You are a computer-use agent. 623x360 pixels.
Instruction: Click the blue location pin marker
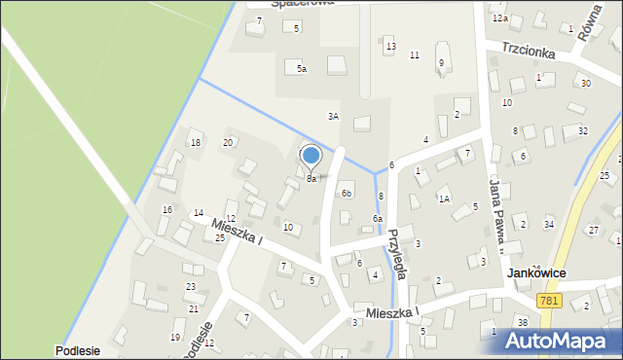tap(311, 156)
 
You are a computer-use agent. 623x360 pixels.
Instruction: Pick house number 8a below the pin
tap(311, 179)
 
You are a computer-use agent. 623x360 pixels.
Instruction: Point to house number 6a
tap(377, 219)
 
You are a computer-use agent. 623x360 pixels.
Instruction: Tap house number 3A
tap(333, 116)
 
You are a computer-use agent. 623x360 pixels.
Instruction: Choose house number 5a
tap(302, 68)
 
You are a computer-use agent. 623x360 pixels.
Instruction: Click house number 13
tap(390, 47)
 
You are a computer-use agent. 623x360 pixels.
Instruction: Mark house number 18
tap(196, 143)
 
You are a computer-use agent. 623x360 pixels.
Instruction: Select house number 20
tap(228, 143)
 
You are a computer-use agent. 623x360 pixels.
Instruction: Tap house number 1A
tap(443, 198)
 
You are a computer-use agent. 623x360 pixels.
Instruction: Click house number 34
tap(549, 225)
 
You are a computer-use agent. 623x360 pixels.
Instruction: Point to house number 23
tap(191, 286)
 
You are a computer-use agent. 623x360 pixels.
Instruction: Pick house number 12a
tap(499, 18)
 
